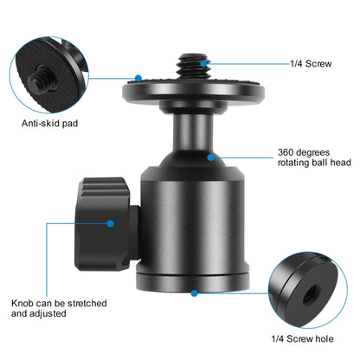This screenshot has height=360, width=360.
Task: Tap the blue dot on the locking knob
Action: (112, 223)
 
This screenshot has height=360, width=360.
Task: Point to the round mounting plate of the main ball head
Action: (190, 86)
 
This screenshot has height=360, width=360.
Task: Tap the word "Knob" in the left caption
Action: (22, 304)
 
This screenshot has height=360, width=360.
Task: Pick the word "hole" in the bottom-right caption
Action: (328, 338)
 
